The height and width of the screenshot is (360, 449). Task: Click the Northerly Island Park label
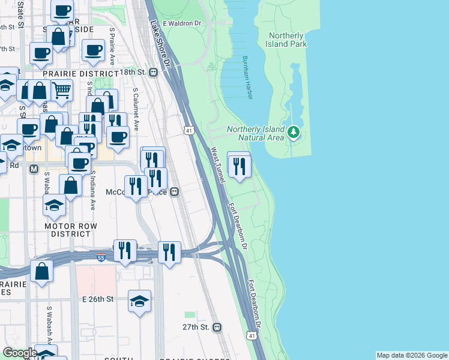point(288,40)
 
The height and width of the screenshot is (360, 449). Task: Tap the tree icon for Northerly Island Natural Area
point(294,131)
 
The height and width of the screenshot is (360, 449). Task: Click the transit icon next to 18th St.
point(153,72)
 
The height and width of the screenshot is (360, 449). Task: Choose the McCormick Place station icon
point(175,192)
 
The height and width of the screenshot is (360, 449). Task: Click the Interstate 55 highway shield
point(101,257)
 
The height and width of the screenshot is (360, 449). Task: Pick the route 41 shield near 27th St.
point(251,336)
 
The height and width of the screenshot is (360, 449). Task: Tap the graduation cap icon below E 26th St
point(139,300)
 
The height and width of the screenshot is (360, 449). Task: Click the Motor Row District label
point(67,230)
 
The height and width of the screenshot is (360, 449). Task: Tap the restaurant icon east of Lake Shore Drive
point(240,165)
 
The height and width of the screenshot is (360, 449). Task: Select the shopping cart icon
point(61,91)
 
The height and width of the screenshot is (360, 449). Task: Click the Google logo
point(20,353)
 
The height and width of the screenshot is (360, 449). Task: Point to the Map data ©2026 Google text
point(412,355)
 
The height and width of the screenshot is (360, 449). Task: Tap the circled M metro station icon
point(34,169)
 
